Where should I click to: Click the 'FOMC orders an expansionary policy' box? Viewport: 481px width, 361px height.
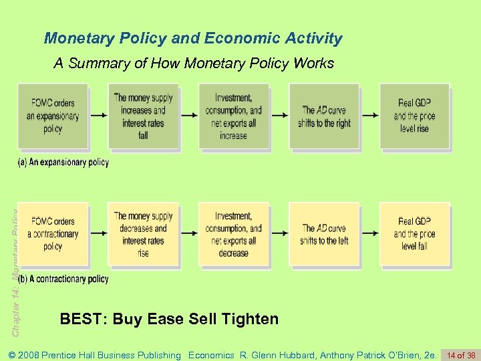[53, 116]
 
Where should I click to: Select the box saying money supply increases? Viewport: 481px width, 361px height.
[143, 116]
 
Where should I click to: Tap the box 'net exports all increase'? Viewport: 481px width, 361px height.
[233, 116]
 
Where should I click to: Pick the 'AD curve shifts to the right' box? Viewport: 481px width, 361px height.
[324, 116]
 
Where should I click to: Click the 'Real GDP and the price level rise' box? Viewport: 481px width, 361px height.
[414, 116]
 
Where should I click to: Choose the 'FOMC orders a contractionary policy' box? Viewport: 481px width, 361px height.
[53, 233]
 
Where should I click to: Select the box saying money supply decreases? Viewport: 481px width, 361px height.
[143, 233]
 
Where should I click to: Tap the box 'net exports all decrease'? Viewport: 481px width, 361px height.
[233, 233]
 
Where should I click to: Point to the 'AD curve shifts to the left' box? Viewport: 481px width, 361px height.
[324, 233]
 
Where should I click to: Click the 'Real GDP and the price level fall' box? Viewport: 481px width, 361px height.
[414, 233]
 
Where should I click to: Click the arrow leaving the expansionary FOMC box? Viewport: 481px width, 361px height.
[98, 116]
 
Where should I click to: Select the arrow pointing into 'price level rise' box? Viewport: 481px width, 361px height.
[369, 116]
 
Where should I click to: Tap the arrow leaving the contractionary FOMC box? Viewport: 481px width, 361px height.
[98, 233]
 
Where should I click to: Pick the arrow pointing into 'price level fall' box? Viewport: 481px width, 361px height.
[369, 233]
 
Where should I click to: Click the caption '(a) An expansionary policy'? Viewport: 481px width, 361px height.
[63, 162]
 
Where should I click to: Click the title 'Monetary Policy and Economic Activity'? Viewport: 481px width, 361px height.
[193, 38]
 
